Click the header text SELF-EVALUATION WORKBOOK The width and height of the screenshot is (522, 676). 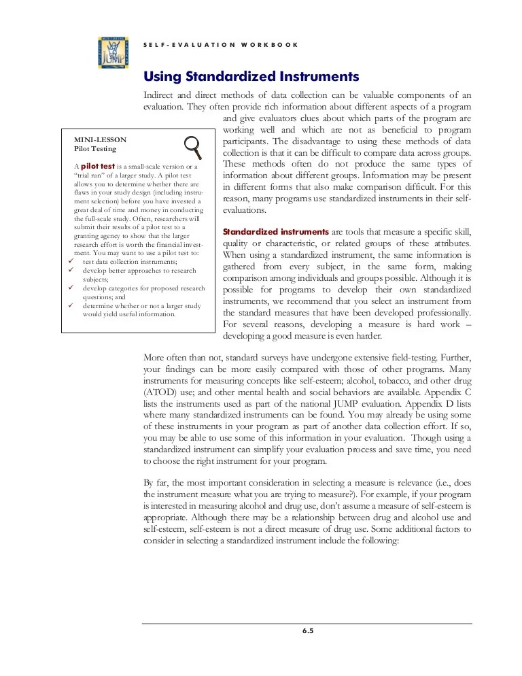point(221,45)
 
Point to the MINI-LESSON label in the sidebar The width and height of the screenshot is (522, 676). point(100,140)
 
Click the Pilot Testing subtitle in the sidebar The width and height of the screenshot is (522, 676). point(95,149)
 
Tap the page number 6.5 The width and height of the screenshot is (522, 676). point(308,630)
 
